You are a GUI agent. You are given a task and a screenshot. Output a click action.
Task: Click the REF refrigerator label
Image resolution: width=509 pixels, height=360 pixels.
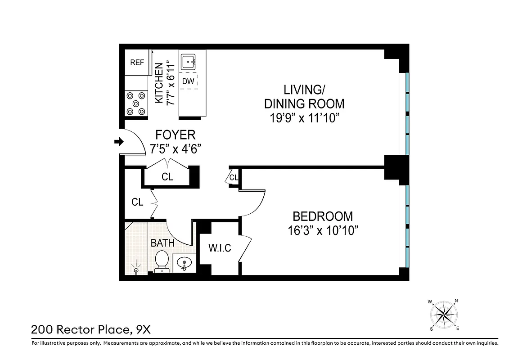(x=137, y=63)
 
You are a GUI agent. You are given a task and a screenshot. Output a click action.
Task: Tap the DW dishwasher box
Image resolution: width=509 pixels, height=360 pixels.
(x=188, y=81)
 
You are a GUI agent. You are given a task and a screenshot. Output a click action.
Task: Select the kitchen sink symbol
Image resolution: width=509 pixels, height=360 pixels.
(x=188, y=62)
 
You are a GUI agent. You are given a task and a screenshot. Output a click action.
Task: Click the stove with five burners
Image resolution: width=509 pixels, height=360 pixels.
(x=136, y=103)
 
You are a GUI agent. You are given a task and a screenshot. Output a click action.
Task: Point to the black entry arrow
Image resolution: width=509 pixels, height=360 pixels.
(x=119, y=142)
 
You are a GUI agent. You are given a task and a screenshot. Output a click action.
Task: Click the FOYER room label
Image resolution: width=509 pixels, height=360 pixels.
(x=175, y=135)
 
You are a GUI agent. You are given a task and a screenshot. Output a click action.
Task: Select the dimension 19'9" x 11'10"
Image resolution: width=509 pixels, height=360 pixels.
(x=304, y=119)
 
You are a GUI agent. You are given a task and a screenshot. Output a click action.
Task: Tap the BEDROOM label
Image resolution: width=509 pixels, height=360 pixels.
(x=323, y=216)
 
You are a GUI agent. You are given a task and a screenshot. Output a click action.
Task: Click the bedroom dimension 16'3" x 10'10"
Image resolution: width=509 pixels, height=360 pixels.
(x=323, y=231)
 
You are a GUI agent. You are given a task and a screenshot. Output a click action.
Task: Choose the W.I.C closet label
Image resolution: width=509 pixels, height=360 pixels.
(x=220, y=247)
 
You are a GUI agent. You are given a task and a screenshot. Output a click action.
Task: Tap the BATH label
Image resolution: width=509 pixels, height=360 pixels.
(x=162, y=243)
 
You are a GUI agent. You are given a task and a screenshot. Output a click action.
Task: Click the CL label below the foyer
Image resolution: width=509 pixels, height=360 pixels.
(x=167, y=177)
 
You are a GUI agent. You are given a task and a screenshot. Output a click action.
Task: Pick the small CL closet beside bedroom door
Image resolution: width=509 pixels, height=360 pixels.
(x=234, y=178)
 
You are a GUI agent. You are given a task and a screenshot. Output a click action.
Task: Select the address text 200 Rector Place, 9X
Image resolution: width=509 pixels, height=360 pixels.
(x=90, y=330)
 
